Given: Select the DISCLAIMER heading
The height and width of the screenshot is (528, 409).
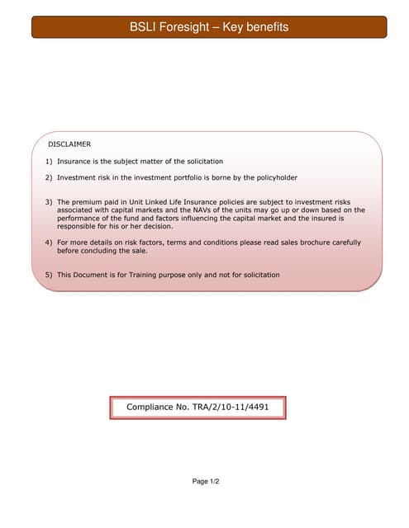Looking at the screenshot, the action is click(x=69, y=144).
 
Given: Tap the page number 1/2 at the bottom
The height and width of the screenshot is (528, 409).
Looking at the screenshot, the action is click(x=213, y=481).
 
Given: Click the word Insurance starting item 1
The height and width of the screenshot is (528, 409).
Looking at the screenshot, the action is click(x=75, y=161).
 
